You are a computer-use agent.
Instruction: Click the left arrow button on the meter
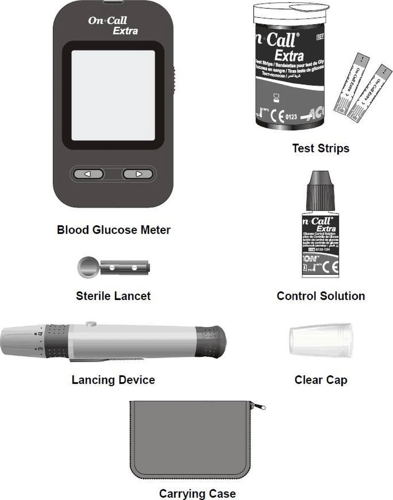click(88, 174)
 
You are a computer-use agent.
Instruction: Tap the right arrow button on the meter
click(138, 174)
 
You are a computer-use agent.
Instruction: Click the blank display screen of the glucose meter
click(113, 95)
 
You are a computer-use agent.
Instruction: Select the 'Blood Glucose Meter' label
click(113, 230)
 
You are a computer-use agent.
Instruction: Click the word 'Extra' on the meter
click(125, 30)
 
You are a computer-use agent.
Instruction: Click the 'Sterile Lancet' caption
click(113, 296)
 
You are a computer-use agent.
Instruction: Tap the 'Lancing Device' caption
click(113, 380)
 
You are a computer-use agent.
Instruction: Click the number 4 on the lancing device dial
click(40, 333)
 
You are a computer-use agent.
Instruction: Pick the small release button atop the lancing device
click(90, 323)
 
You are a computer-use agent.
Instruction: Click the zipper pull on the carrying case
click(260, 406)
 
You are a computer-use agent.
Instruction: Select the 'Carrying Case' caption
click(197, 494)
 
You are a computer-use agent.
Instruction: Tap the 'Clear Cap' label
click(320, 380)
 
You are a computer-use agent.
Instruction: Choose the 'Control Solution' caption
click(320, 296)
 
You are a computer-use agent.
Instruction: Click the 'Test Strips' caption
click(320, 148)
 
